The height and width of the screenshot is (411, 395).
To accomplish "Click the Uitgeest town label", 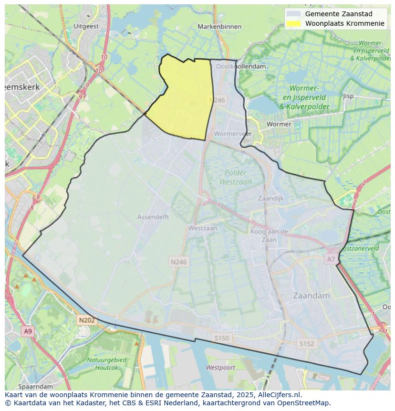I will tap(86, 26).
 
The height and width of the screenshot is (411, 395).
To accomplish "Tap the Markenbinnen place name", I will tap(219, 27).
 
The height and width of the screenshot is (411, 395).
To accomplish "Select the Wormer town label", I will tap(279, 124).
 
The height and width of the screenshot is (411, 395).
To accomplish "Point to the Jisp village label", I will tap(348, 96).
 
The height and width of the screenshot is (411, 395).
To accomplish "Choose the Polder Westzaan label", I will tap(236, 177).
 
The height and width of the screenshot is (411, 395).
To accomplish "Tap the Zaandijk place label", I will tap(270, 198).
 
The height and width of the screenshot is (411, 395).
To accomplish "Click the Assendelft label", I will tap(153, 217).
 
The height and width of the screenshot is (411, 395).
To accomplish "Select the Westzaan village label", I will tap(202, 228).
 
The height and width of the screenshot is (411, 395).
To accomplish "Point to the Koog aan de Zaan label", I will tap(269, 236).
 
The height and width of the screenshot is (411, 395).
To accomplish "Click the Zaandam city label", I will tap(312, 295).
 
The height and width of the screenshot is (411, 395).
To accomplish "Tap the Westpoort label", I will tap(220, 368).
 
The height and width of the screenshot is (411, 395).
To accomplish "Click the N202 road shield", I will tap(87, 320).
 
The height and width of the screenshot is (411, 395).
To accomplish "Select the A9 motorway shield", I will tap(28, 331).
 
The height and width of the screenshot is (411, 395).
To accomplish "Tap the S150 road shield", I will tap(221, 338).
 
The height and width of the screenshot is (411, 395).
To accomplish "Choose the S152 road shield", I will tap(307, 344).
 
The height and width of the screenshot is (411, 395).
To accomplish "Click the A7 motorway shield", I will tap(331, 259).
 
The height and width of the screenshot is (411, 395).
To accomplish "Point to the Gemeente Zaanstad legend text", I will tap(339, 14).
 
